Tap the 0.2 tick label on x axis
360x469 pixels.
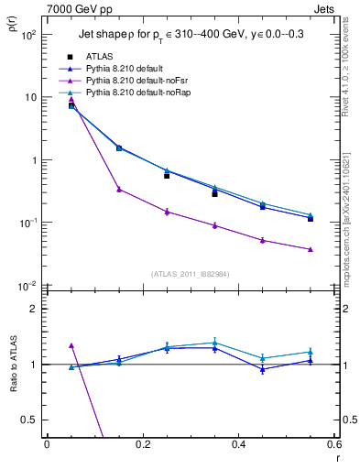[x=142, y=446]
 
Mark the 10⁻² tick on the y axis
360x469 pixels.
[x=29, y=286]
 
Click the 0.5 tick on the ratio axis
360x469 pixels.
[x=31, y=420]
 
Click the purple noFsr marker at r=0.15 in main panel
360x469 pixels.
[x=119, y=190]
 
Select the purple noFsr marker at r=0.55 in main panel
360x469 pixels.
[x=311, y=249]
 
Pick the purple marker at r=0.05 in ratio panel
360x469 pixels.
[x=71, y=345]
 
